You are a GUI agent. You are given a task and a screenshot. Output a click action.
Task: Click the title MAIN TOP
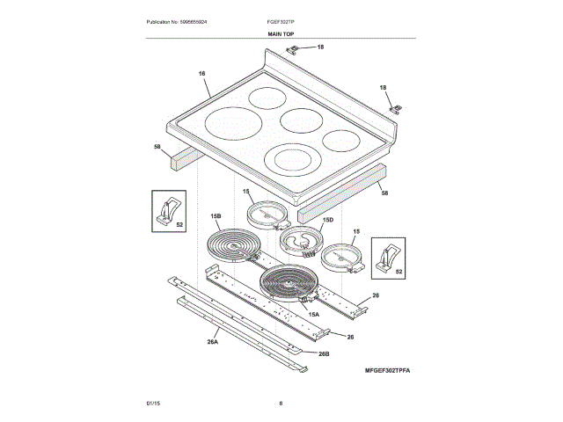pyautogui.click(x=281, y=33)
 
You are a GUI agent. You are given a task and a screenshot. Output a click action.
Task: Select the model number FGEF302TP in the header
pyautogui.click(x=281, y=20)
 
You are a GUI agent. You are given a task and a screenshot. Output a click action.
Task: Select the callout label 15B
pyautogui.click(x=216, y=215)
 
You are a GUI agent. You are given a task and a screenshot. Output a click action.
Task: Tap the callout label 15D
pyautogui.click(x=328, y=220)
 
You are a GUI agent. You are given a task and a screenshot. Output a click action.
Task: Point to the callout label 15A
pyautogui.click(x=313, y=313)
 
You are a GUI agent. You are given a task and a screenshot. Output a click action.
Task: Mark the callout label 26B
pyautogui.click(x=323, y=353)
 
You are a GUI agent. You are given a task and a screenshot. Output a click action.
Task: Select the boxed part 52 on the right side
pyautogui.click(x=388, y=256)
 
